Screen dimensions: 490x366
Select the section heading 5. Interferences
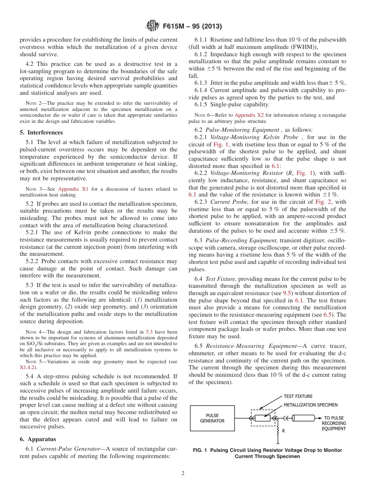pyautogui.click(x=38, y=133)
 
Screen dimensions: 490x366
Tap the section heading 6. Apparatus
pyautogui.click(x=38, y=439)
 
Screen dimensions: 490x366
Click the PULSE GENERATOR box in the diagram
pyautogui.click(x=212, y=418)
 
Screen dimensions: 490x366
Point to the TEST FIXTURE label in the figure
pyautogui.click(x=298, y=396)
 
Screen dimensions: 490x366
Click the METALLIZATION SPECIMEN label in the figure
pyautogui.click(x=311, y=405)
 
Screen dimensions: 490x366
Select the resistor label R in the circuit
pyautogui.click(x=283, y=431)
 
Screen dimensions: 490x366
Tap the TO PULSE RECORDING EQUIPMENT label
pyautogui.click(x=334, y=423)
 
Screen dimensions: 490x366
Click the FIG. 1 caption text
pyautogui.click(x=267, y=453)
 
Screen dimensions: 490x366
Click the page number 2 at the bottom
pyautogui.click(x=183, y=473)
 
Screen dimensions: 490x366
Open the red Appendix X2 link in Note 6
pyautogui.click(x=247, y=115)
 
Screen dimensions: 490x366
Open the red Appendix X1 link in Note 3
pyautogui.click(x=73, y=189)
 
